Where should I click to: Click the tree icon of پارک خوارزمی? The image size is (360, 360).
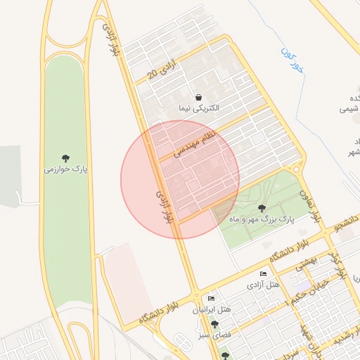[65, 157]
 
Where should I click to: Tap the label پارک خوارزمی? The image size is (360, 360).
[65, 169]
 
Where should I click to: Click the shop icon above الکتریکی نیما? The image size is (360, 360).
[199, 97]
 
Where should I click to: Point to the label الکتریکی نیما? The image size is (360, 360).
[199, 108]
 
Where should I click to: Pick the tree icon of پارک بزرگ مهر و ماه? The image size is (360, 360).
[262, 208]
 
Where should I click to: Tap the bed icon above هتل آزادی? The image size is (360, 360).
[263, 274]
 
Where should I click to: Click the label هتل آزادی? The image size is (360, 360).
[264, 285]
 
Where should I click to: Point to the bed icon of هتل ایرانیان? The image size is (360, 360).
[211, 299]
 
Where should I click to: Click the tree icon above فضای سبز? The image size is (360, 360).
[214, 324]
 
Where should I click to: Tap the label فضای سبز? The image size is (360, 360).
[214, 335]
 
